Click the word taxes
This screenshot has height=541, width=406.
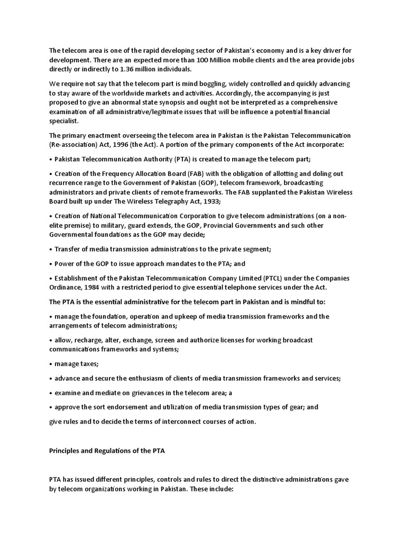click(88, 364)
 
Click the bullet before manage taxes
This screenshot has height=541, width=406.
click(51, 365)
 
